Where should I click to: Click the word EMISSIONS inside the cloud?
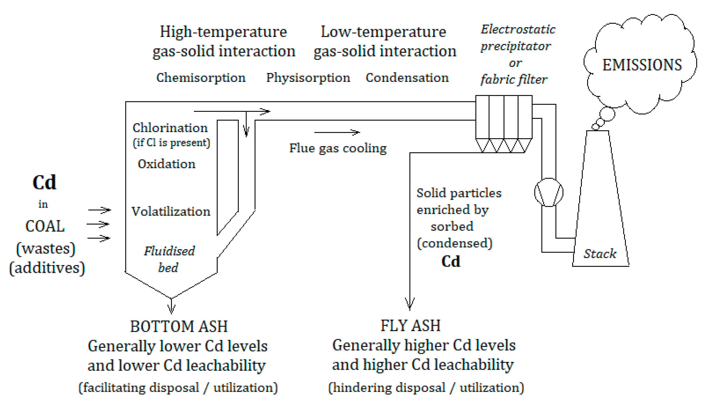[x=642, y=65]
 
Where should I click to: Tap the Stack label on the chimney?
[x=600, y=254]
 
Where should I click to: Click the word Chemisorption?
[x=201, y=78]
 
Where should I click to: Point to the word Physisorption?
[x=308, y=78]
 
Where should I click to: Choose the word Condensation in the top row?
[x=407, y=78]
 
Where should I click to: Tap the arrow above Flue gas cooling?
[x=337, y=132]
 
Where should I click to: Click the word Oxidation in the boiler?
[x=166, y=164]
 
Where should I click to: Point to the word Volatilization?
[x=171, y=212]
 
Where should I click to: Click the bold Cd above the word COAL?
[x=44, y=182]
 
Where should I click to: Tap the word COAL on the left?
[x=45, y=226]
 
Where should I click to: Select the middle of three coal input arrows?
[x=98, y=224]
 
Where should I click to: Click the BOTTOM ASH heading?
[x=179, y=326]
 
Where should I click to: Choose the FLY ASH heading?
[x=410, y=325]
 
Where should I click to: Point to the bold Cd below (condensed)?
[x=451, y=262]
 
